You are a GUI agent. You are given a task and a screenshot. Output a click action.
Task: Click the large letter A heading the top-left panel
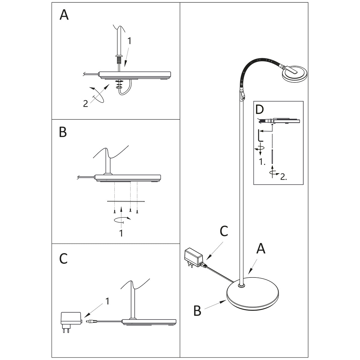point(64,15)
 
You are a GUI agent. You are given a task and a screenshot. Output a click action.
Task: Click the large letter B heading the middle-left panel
point(63,132)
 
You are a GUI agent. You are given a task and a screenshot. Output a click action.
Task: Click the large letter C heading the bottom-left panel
point(63,259)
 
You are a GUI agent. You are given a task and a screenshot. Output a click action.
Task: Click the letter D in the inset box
point(259,110)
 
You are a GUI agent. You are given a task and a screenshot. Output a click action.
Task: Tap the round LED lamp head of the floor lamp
point(295,73)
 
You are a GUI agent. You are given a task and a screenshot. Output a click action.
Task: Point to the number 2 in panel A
point(85,104)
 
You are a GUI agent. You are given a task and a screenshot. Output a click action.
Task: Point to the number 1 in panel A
point(129,41)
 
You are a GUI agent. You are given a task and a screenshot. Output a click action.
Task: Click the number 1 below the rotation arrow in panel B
point(121,233)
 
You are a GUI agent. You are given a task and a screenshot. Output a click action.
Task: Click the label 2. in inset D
point(283,177)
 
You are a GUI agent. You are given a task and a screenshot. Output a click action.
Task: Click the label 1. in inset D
point(262,162)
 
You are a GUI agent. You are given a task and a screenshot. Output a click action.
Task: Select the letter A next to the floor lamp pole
point(261,248)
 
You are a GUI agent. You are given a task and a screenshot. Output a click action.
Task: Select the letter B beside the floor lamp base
point(197,311)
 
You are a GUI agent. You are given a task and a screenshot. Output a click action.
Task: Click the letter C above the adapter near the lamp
point(224,231)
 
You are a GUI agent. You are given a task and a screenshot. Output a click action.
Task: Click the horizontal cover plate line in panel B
point(126,202)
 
